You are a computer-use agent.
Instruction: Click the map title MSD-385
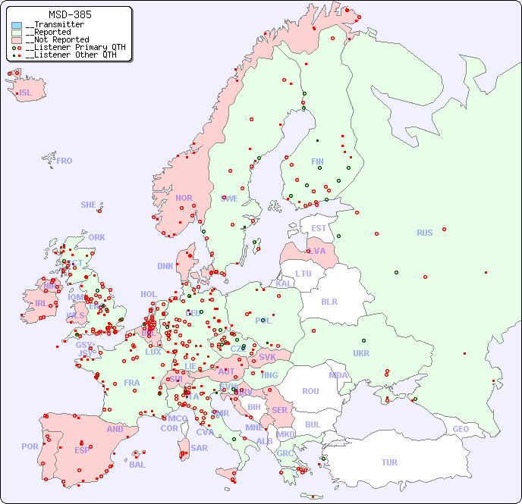pyautogui.click(x=70, y=14)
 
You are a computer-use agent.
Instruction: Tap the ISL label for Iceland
pyautogui.click(x=26, y=93)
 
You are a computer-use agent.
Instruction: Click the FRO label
pyautogui.click(x=64, y=161)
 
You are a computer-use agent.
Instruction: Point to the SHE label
pyautogui.click(x=89, y=205)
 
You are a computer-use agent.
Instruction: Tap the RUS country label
pyautogui.click(x=424, y=233)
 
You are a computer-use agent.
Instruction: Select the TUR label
pyautogui.click(x=389, y=462)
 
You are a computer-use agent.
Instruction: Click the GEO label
pyautogui.click(x=461, y=429)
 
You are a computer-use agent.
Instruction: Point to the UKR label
pyautogui.click(x=361, y=353)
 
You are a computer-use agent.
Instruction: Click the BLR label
pyautogui.click(x=329, y=301)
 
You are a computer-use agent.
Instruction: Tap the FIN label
pyautogui.click(x=317, y=161)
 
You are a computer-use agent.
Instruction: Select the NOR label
pyautogui.click(x=184, y=198)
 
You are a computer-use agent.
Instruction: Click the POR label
pyautogui.click(x=30, y=446)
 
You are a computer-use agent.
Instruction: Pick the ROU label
pyautogui.click(x=310, y=391)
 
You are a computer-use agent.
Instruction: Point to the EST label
pyautogui.click(x=319, y=228)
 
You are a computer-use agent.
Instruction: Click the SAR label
pyautogui.click(x=199, y=448)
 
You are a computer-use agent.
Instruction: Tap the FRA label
pyautogui.click(x=132, y=383)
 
